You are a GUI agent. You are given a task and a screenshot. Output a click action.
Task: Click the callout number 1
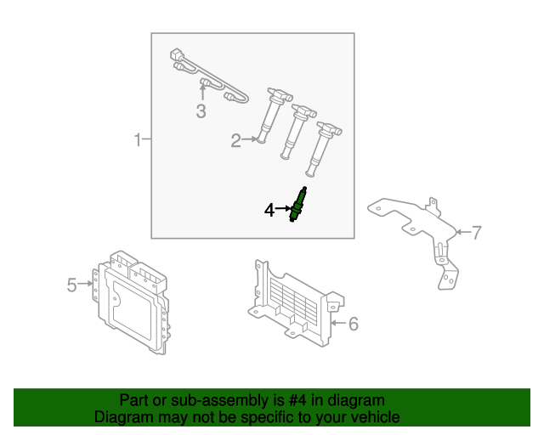(138, 139)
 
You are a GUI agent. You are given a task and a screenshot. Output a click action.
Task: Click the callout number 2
(235, 141)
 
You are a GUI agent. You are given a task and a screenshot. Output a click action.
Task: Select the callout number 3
(201, 111)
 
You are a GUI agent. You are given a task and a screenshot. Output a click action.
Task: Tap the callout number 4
(269, 209)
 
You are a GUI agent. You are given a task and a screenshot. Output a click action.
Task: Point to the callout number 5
(72, 285)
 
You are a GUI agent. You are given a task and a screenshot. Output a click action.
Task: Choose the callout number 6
(354, 323)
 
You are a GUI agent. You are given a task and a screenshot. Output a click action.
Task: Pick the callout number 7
(476, 231)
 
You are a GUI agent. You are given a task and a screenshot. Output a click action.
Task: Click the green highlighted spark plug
(297, 206)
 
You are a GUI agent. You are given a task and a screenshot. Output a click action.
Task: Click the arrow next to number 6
(337, 323)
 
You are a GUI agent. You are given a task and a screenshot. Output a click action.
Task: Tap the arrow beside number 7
(462, 231)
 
